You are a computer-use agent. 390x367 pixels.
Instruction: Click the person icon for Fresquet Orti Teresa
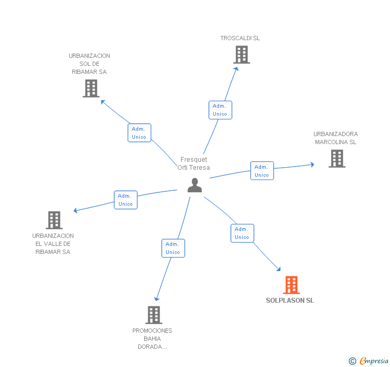pyautogui.click(x=195, y=185)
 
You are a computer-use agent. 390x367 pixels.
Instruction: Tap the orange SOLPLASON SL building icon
pyautogui.click(x=291, y=285)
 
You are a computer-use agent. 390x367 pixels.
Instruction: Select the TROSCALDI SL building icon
pyautogui.click(x=242, y=55)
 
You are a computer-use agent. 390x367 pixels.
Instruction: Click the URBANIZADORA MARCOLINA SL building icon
pyautogui.click(x=336, y=159)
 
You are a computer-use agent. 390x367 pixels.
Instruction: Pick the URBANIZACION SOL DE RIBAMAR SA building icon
pyautogui.click(x=91, y=88)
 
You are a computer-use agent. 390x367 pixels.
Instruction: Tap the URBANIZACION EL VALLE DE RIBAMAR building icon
pyautogui.click(x=54, y=220)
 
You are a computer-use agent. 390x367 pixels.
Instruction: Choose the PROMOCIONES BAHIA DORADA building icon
pyautogui.click(x=154, y=315)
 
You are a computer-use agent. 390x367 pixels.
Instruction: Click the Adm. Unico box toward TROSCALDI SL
pyautogui.click(x=220, y=110)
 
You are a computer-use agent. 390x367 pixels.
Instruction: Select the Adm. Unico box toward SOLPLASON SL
pyautogui.click(x=242, y=233)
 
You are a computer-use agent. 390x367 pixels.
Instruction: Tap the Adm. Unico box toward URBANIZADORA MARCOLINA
pyautogui.click(x=262, y=171)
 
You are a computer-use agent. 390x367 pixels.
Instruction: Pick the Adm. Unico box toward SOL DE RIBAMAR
pyautogui.click(x=139, y=133)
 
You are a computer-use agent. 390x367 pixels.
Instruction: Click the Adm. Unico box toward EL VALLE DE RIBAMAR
pyautogui.click(x=126, y=200)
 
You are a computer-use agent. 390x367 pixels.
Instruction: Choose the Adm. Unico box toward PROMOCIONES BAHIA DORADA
pyautogui.click(x=173, y=248)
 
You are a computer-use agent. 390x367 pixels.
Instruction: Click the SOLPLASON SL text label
pyautogui.click(x=290, y=301)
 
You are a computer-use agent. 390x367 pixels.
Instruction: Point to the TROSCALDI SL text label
pyautogui.click(x=240, y=38)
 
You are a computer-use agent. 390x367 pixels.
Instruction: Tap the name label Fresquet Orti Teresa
pyautogui.click(x=194, y=163)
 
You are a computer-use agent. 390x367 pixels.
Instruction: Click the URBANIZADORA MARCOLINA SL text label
pyautogui.click(x=335, y=138)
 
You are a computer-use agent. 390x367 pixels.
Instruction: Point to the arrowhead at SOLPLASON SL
pyautogui.click(x=279, y=269)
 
